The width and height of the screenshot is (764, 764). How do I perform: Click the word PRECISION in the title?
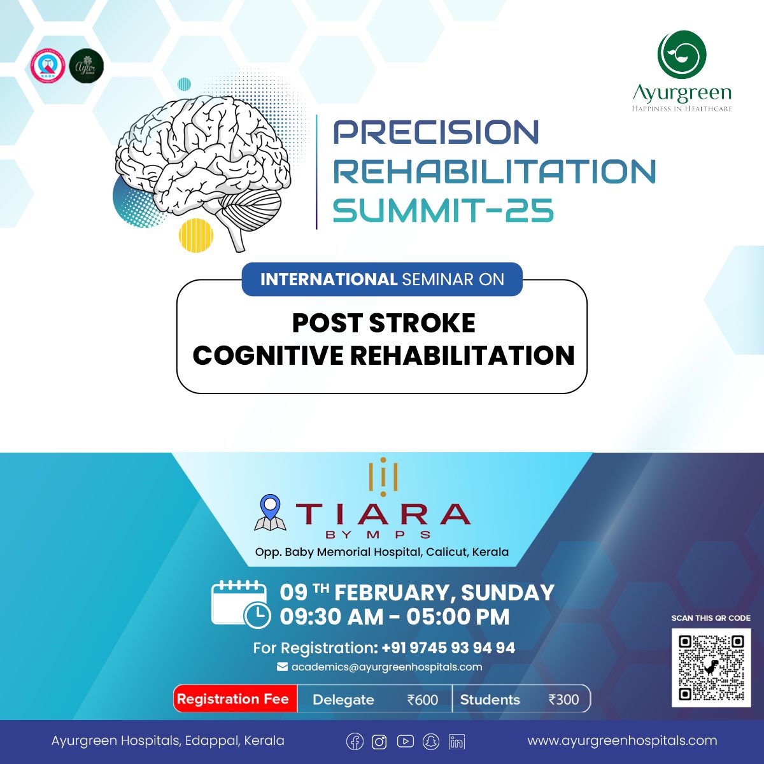[436, 132]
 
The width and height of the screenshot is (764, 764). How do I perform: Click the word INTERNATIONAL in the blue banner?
[329, 279]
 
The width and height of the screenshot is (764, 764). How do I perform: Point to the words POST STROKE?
[383, 323]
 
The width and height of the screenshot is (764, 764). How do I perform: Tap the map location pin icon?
[270, 513]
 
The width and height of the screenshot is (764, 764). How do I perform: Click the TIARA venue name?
[383, 514]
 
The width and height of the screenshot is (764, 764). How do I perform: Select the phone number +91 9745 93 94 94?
[448, 648]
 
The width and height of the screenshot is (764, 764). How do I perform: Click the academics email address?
[386, 667]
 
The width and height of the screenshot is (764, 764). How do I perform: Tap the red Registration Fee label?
[233, 699]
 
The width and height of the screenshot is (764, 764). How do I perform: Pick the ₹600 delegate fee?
[423, 700]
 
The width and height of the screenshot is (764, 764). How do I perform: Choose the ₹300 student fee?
[563, 700]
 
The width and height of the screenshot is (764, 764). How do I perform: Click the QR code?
[711, 667]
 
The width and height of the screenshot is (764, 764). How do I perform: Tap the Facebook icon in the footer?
[355, 742]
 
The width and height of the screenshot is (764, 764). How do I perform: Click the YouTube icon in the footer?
[406, 742]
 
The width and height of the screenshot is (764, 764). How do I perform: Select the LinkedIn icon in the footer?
[456, 742]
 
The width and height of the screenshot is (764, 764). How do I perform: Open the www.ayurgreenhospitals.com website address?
[622, 740]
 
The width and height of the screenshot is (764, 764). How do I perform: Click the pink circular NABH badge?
[48, 66]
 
